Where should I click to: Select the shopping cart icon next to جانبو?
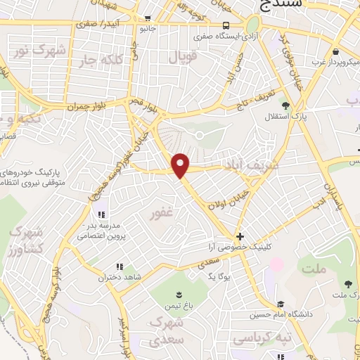147,19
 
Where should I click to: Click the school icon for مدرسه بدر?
101,214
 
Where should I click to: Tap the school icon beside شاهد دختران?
119,266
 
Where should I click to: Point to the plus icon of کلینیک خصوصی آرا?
240,237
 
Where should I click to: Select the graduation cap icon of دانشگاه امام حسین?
281,304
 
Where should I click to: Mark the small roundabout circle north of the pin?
199,134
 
